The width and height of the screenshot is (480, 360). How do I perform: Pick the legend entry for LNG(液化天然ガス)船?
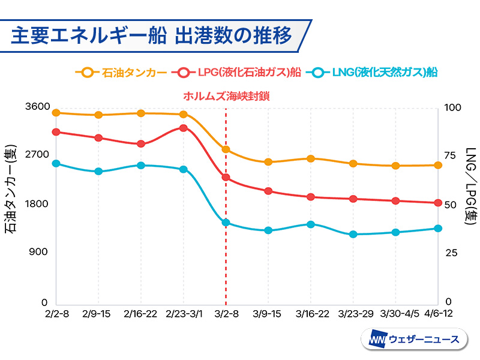(x=372, y=73)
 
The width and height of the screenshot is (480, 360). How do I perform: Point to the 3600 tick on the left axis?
(x=38, y=107)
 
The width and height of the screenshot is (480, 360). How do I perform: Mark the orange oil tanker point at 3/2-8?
(x=226, y=149)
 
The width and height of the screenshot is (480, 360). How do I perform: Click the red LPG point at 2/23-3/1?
(x=184, y=128)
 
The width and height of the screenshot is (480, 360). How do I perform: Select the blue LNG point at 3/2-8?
(x=226, y=223)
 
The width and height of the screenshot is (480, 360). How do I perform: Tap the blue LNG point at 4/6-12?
(x=438, y=229)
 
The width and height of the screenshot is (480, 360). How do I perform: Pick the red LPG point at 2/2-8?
(x=56, y=132)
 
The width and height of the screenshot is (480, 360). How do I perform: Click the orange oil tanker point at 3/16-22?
(x=311, y=158)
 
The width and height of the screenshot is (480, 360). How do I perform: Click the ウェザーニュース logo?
(x=414, y=340)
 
